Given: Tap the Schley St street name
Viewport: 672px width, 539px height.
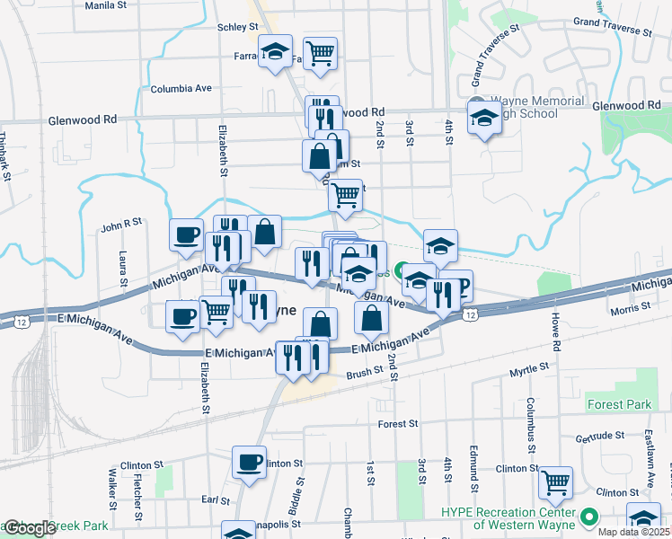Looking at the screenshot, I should pos(238,28).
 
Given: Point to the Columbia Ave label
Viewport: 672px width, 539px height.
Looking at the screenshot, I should pos(181,89).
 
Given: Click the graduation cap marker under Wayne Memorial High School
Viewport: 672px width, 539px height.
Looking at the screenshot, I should pos(484,118).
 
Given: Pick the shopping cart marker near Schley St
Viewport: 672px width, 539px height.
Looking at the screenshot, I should pos(320,53).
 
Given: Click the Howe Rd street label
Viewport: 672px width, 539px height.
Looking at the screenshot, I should pos(557,332).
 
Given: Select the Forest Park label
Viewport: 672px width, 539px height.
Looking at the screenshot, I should pos(618,404).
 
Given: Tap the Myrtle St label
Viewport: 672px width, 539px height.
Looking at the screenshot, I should pos(528,369).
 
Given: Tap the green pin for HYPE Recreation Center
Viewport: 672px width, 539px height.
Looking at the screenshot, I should pos(589,517).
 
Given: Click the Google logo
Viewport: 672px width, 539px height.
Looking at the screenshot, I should pos(29,528).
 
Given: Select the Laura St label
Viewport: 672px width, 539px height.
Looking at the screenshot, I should pos(123,265).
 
